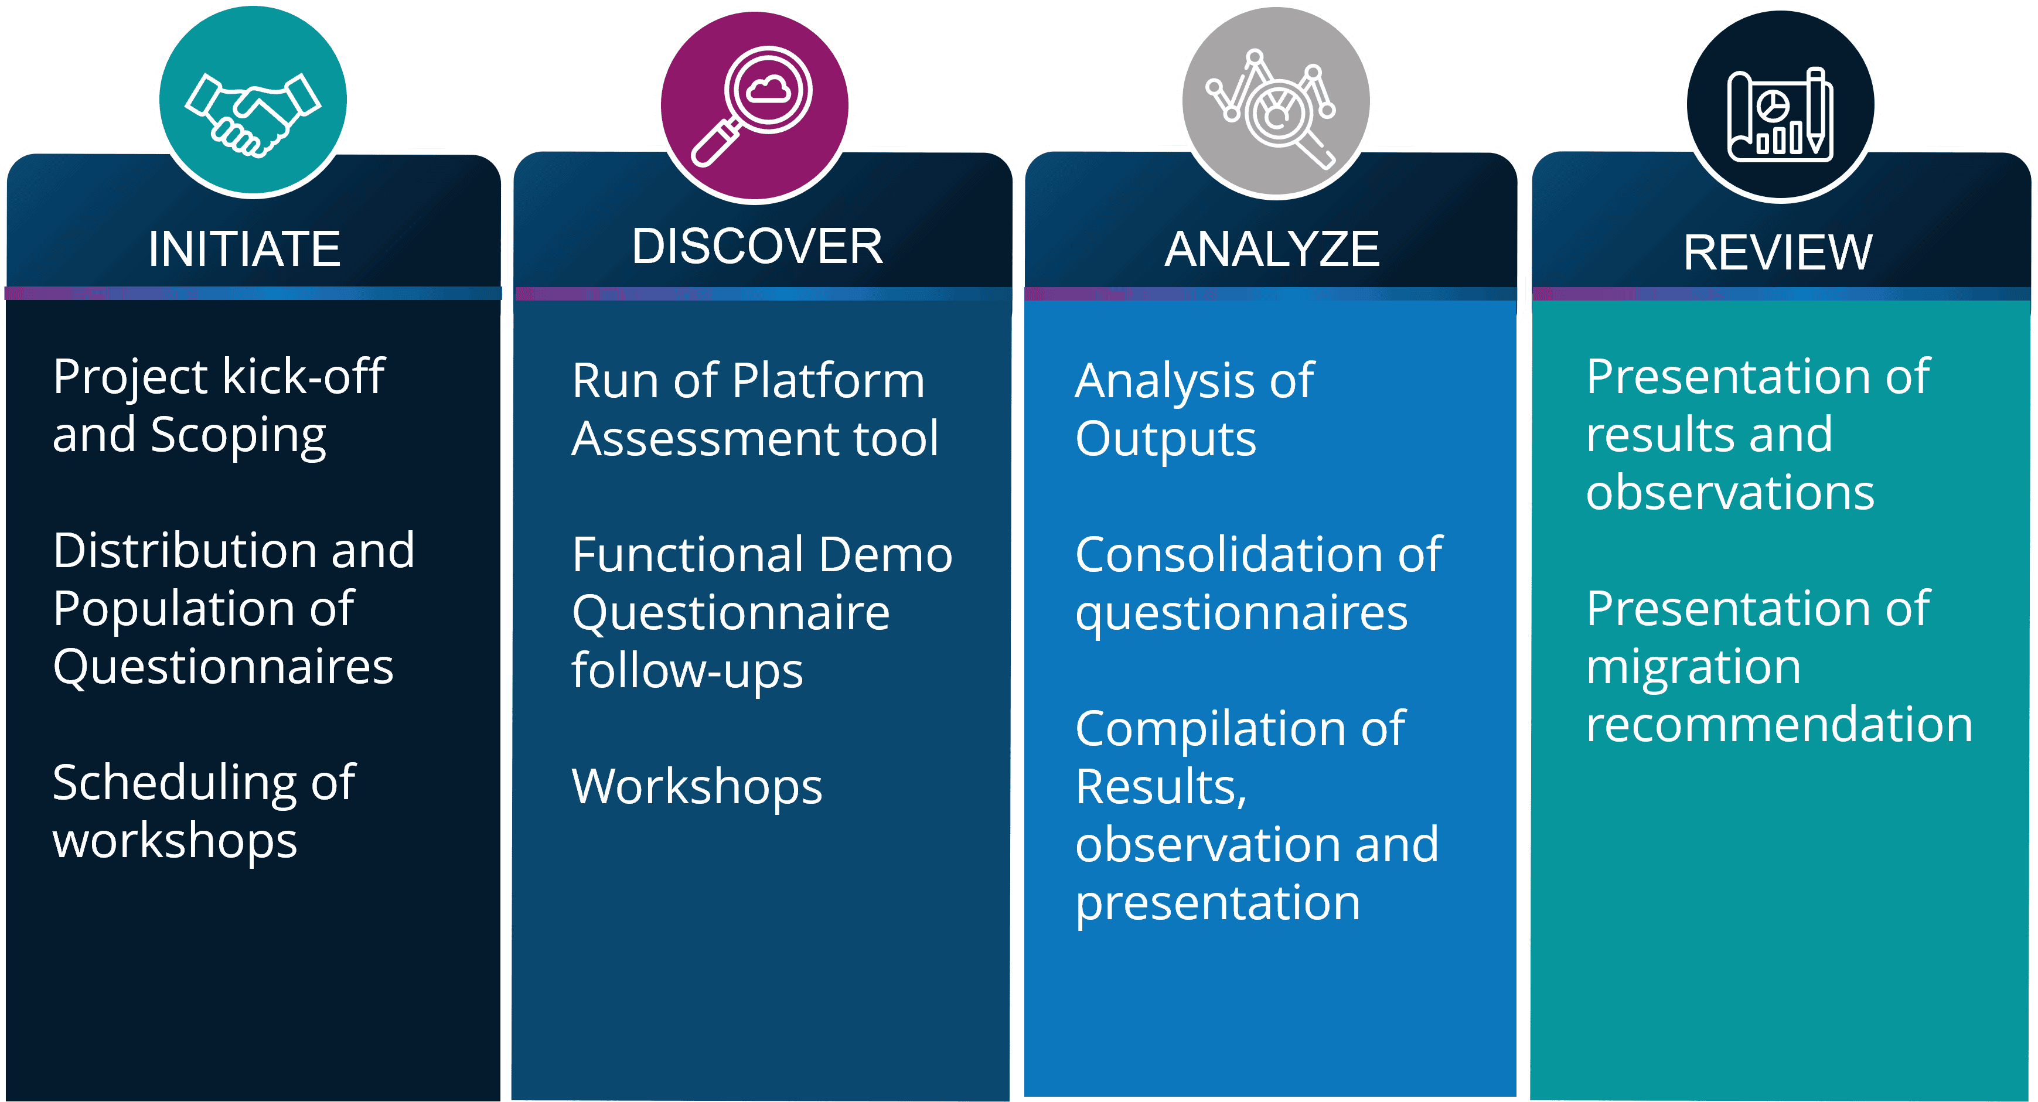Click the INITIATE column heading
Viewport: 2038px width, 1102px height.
[x=244, y=249]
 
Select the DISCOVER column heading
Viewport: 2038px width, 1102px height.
[x=757, y=246]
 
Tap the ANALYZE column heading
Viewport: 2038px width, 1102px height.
[x=1272, y=249]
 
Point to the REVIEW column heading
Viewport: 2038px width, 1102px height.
[x=1778, y=253]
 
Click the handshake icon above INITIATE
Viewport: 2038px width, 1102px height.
[x=253, y=115]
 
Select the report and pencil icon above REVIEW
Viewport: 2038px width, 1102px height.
[x=1780, y=115]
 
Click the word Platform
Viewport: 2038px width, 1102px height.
[x=829, y=381]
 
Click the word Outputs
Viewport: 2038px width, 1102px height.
[x=1165, y=441]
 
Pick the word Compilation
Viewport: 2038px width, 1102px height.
[x=1209, y=730]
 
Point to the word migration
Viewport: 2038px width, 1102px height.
[x=1693, y=668]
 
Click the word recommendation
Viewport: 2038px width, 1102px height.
[x=1779, y=725]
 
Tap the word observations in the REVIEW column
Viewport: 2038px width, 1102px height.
[x=1730, y=493]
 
